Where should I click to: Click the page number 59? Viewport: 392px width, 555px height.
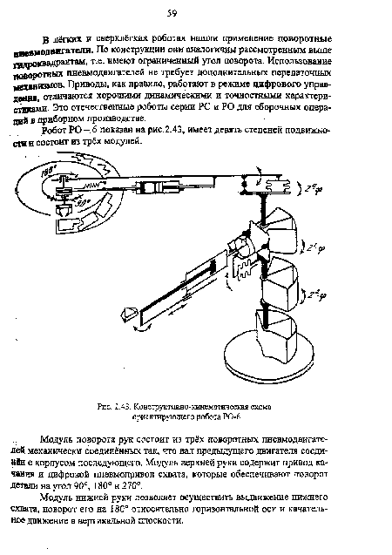pos(196,12)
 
